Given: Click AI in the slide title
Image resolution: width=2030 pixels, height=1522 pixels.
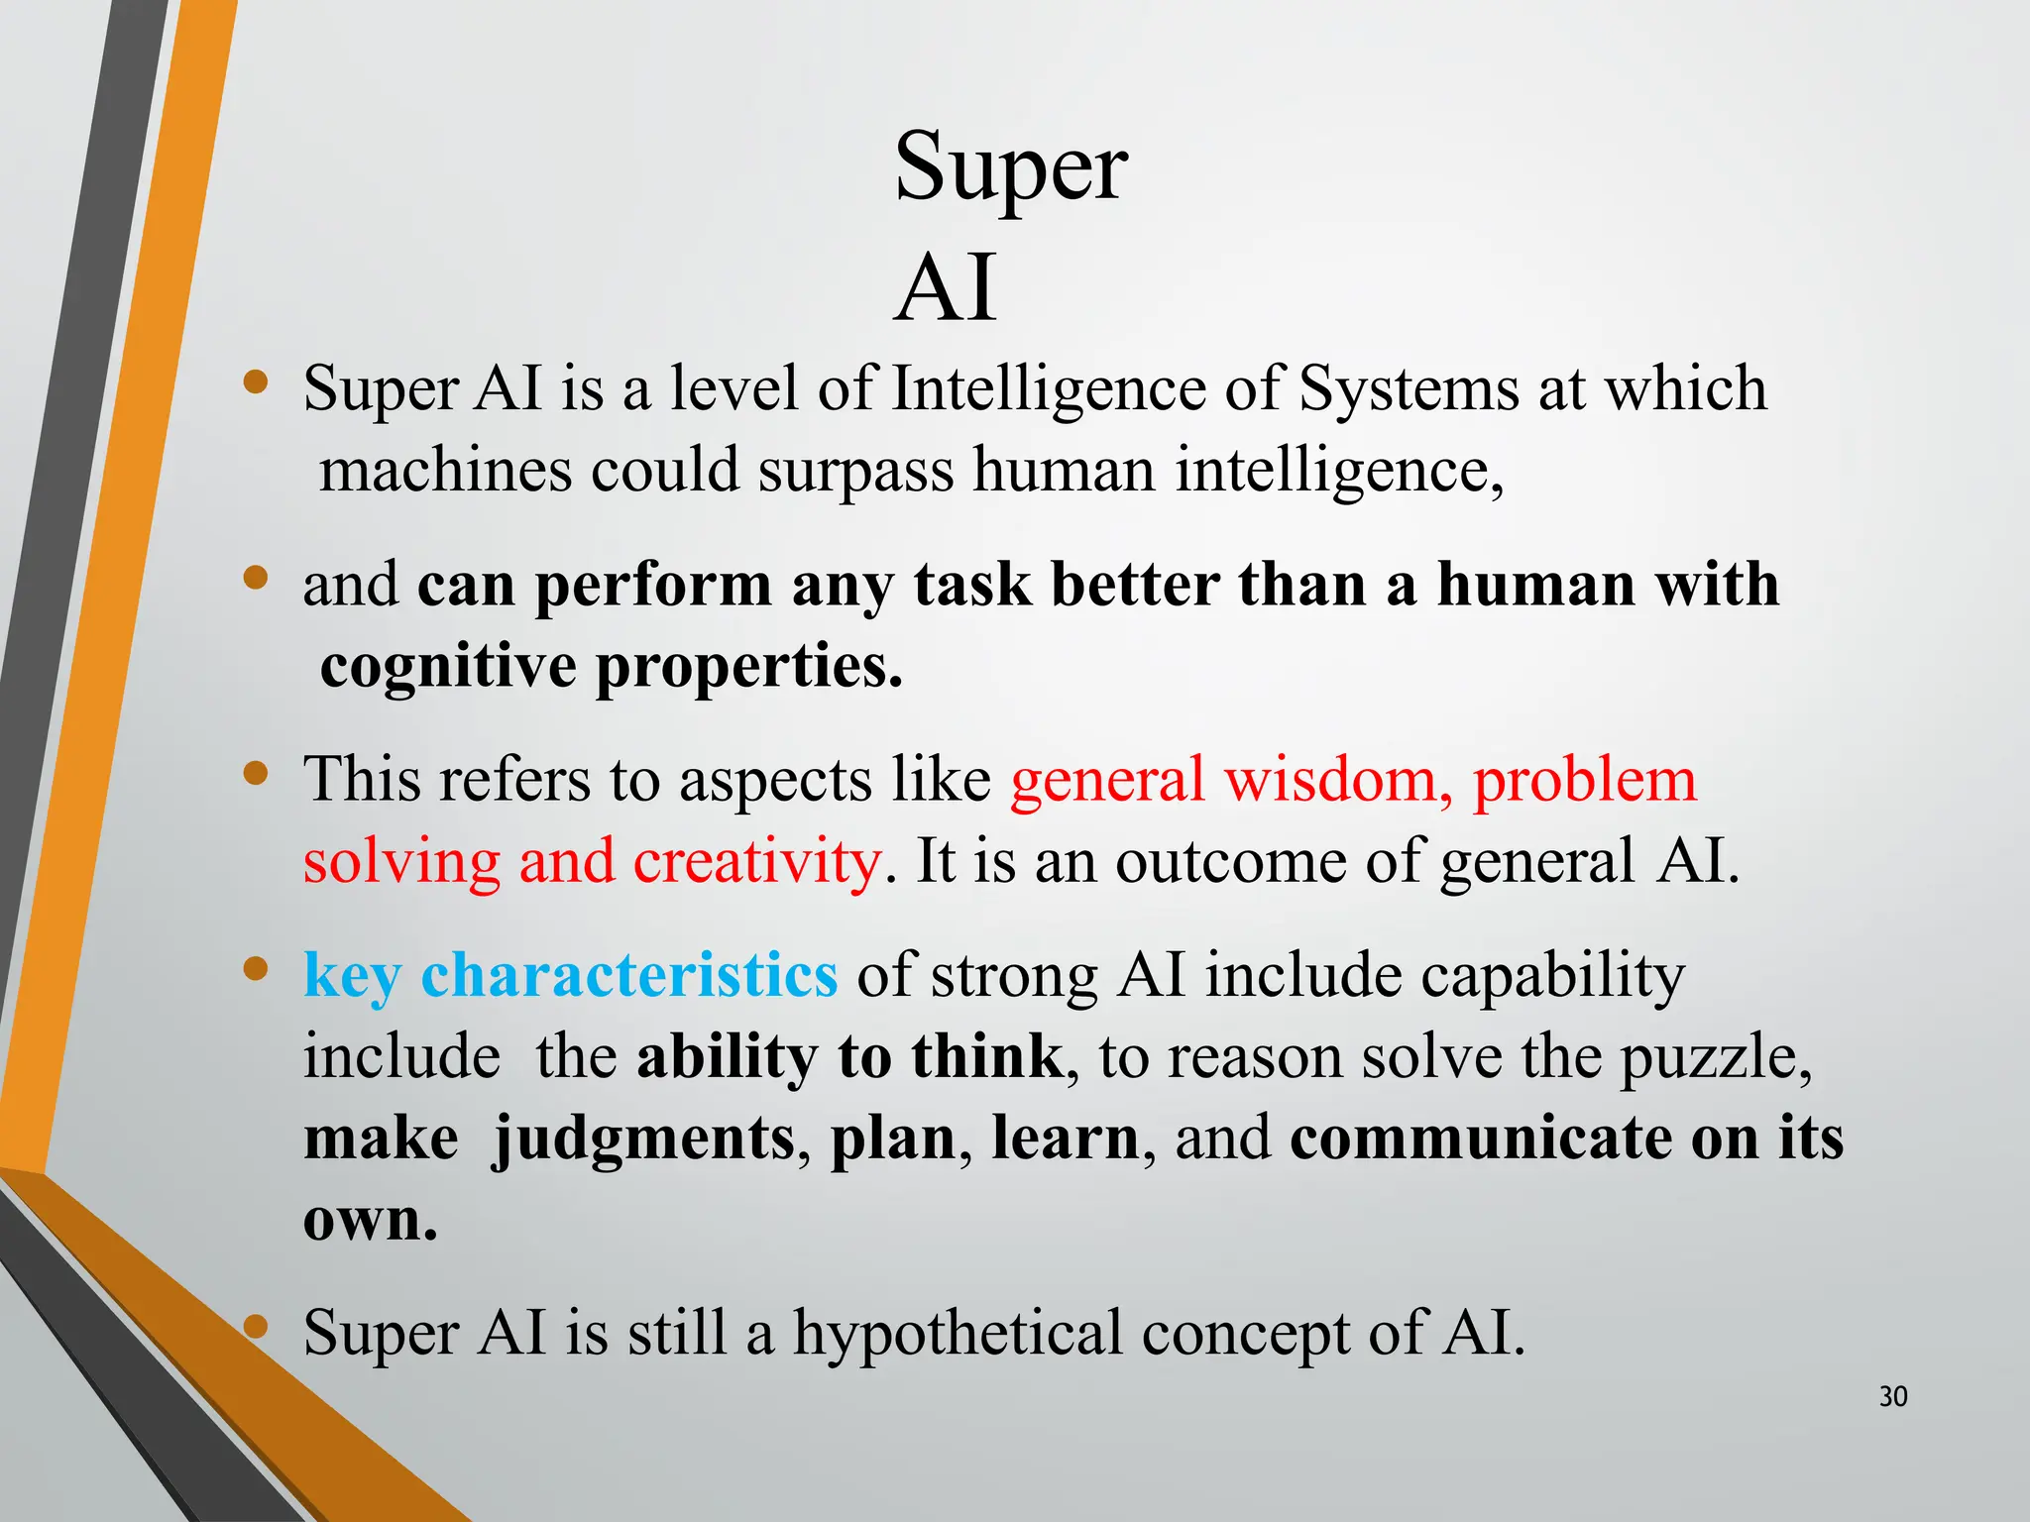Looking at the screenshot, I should pos(946,289).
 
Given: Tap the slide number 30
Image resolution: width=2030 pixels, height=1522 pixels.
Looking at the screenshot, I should pos(1892,1397).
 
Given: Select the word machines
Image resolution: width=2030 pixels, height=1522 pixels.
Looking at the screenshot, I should pos(445,470).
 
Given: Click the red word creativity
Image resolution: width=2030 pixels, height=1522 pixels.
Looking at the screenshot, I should pos(756,861).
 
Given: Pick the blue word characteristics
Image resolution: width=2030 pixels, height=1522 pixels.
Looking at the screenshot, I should pos(629,976).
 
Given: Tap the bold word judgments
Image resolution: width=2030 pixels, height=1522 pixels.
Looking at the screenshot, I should pos(643,1140).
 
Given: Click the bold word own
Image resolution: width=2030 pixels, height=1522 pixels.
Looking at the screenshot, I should pos(369,1220).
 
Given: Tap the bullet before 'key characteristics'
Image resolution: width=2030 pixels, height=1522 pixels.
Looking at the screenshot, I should pos(256,968).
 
